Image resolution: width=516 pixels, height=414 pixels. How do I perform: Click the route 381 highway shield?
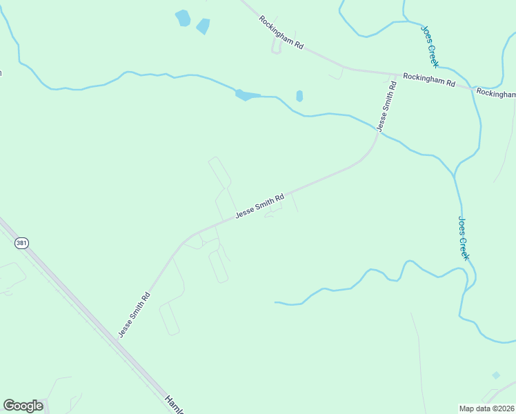tap(23, 243)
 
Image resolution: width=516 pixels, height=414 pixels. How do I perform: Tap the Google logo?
tap(23, 406)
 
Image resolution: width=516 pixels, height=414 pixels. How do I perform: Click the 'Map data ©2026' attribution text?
tap(487, 408)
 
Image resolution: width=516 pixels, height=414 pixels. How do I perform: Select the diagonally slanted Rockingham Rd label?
tap(281, 32)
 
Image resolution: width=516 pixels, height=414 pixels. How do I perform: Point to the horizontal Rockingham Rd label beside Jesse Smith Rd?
tap(429, 79)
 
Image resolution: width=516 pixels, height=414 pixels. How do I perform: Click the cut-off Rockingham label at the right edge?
tap(496, 93)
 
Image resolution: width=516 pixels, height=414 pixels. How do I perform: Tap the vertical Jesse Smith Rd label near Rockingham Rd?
tap(386, 106)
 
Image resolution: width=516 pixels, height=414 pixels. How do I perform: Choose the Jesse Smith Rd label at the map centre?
tap(259, 206)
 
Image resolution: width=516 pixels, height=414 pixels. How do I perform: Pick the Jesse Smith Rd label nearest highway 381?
tap(134, 314)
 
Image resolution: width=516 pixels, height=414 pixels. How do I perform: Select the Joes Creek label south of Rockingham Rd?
tap(464, 238)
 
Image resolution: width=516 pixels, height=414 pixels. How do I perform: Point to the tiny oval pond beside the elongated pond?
tap(299, 96)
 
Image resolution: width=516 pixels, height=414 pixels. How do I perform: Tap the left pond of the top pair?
tap(183, 18)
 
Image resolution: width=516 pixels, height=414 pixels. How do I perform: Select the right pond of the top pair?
tap(203, 27)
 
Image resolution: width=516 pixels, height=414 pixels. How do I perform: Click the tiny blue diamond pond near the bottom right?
tap(496, 375)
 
